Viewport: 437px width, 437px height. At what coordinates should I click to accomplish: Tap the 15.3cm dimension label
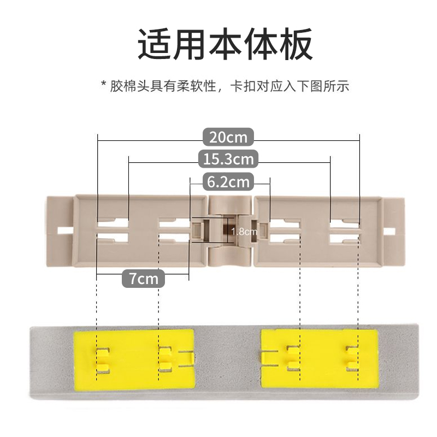pyautogui.click(x=228, y=160)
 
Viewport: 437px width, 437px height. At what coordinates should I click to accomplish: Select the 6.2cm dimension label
pyautogui.click(x=228, y=181)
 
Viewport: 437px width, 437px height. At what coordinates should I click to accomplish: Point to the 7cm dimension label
pyautogui.click(x=143, y=279)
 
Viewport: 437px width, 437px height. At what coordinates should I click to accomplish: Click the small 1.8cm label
pyautogui.click(x=244, y=232)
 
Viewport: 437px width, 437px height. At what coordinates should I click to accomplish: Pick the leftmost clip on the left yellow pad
pyautogui.click(x=102, y=358)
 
